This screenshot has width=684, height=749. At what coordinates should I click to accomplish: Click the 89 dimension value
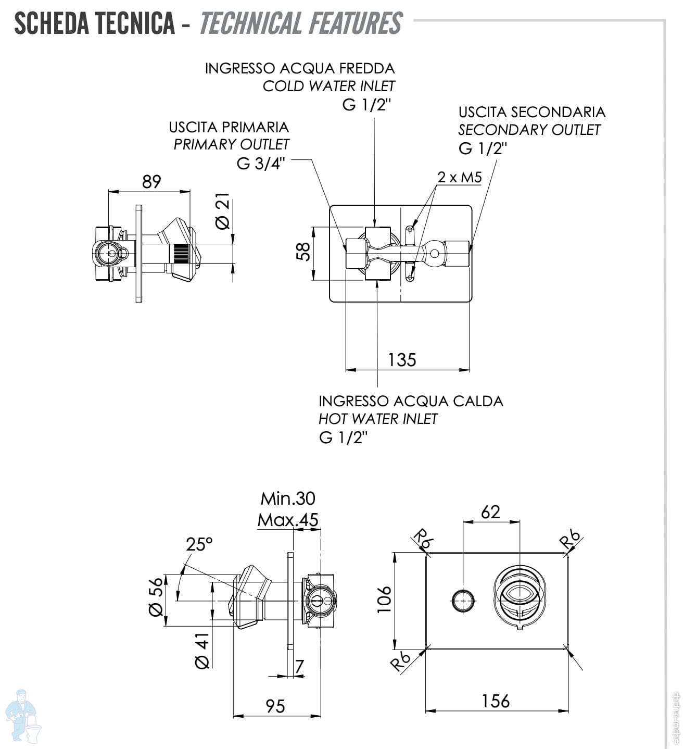click(151, 182)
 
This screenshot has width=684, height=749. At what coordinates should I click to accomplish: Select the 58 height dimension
click(303, 252)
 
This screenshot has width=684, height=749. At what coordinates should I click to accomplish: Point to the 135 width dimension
click(402, 360)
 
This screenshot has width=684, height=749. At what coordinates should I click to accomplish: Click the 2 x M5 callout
click(459, 178)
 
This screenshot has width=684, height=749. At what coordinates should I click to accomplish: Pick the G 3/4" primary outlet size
click(261, 164)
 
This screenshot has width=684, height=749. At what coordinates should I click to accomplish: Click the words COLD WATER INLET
click(328, 86)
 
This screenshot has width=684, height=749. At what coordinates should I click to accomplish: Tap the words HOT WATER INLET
click(378, 419)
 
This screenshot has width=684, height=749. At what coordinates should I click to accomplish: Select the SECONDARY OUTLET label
click(529, 130)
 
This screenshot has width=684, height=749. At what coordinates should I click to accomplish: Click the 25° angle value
click(199, 544)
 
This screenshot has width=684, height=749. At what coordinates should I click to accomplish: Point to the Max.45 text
click(288, 520)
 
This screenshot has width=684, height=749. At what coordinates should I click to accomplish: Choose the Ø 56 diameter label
click(156, 597)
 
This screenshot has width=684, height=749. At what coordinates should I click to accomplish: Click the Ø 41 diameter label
click(202, 651)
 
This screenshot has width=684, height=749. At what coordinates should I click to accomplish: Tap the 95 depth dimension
click(275, 706)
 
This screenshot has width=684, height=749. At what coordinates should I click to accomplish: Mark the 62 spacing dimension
click(490, 512)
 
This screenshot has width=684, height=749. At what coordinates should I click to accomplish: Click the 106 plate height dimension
click(384, 599)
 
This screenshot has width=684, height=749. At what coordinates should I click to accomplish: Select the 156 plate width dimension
click(496, 701)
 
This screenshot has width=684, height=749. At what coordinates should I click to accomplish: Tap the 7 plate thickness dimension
click(299, 666)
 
